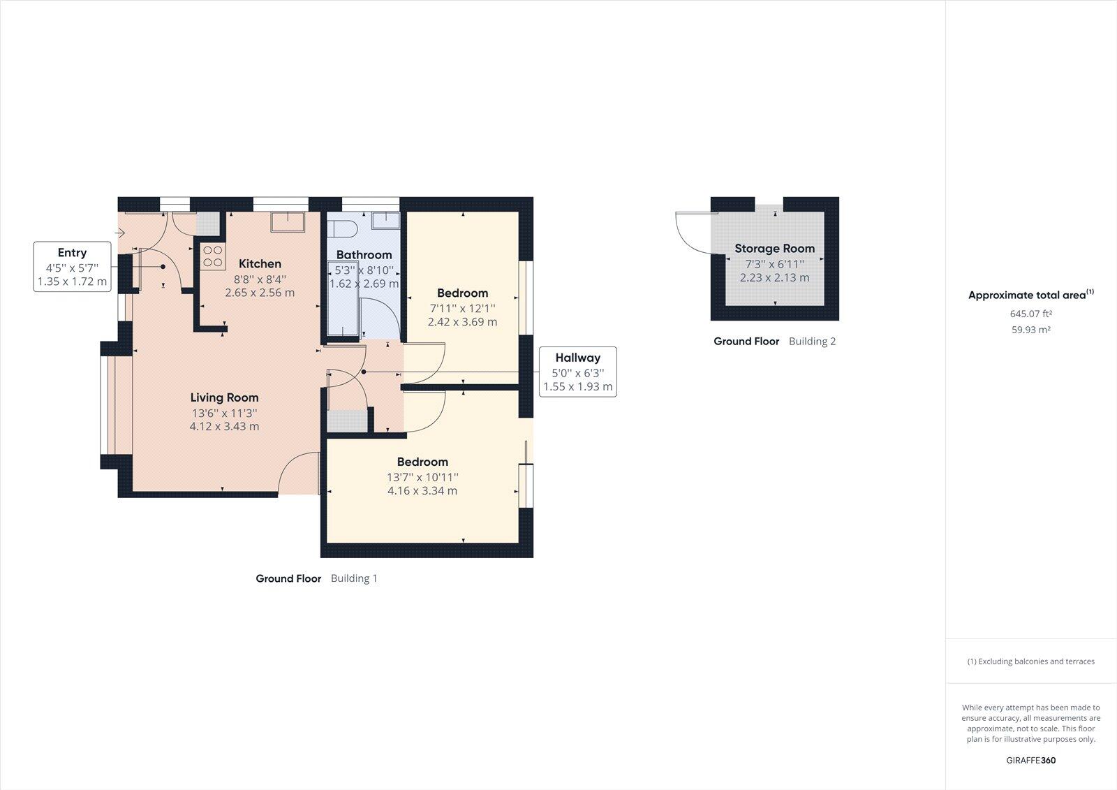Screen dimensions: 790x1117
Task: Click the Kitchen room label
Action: [260, 263]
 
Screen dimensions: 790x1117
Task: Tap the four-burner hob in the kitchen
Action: [213, 256]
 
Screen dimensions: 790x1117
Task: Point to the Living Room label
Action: [224, 397]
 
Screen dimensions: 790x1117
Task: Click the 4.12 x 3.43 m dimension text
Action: [224, 426]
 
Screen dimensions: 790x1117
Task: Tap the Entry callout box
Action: [73, 267]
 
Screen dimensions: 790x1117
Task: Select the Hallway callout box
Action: [577, 372]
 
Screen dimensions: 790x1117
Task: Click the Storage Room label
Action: [774, 248]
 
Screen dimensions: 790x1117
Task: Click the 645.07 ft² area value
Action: [1031, 314]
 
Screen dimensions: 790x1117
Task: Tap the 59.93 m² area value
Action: [1031, 330]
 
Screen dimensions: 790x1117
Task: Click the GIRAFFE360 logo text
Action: [1030, 760]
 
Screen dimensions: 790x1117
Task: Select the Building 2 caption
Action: [812, 342]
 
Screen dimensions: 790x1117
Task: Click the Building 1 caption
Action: [353, 578]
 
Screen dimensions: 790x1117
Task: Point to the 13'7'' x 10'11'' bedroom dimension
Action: [422, 477]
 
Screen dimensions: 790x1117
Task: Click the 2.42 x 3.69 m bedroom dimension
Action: [462, 322]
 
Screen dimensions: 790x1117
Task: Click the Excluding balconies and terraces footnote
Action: [1030, 661]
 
